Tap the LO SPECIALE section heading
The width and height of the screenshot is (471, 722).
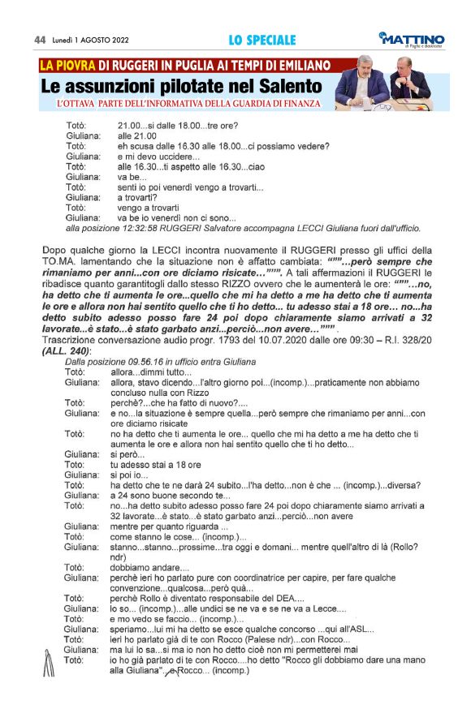[261, 40]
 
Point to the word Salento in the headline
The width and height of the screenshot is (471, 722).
[289, 86]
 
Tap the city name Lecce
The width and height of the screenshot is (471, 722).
[320, 608]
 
